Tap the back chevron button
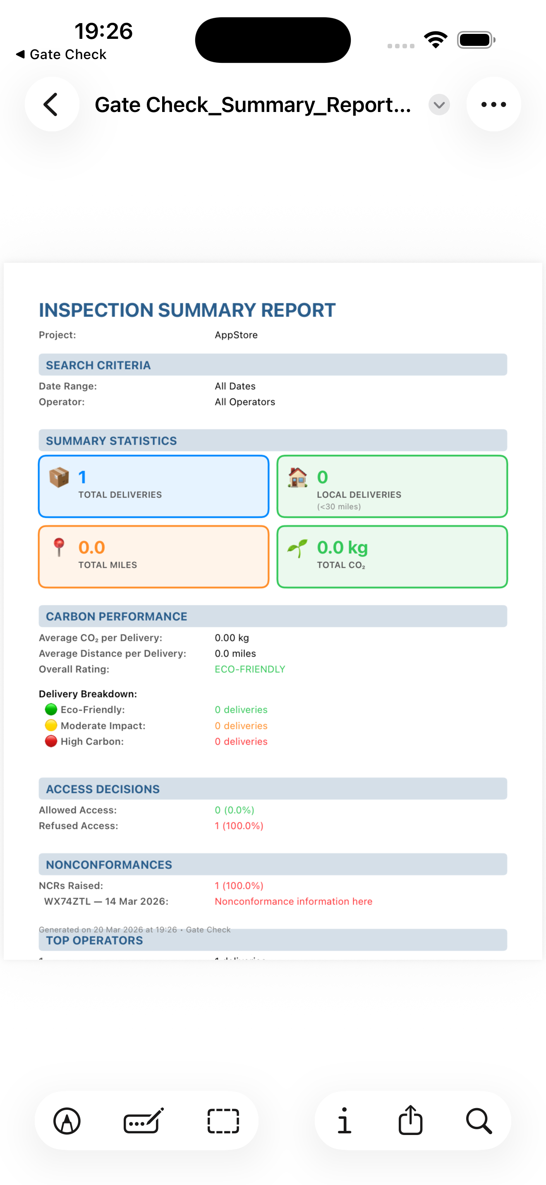pos(51,105)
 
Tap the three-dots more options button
pos(493,105)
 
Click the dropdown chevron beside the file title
pos(439,105)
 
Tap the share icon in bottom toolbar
pos(410,1121)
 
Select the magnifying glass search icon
pos(479,1121)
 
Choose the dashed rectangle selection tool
pos(223,1121)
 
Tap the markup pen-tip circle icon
pos(67,1121)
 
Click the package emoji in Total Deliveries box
pos(59,478)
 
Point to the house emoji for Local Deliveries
pos(297,478)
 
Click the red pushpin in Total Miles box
pos(59,547)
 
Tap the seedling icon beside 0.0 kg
pos(297,548)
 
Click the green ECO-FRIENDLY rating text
pos(249,669)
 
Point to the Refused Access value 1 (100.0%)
pos(239,826)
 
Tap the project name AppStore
pos(236,335)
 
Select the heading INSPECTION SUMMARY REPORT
pos(187,310)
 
